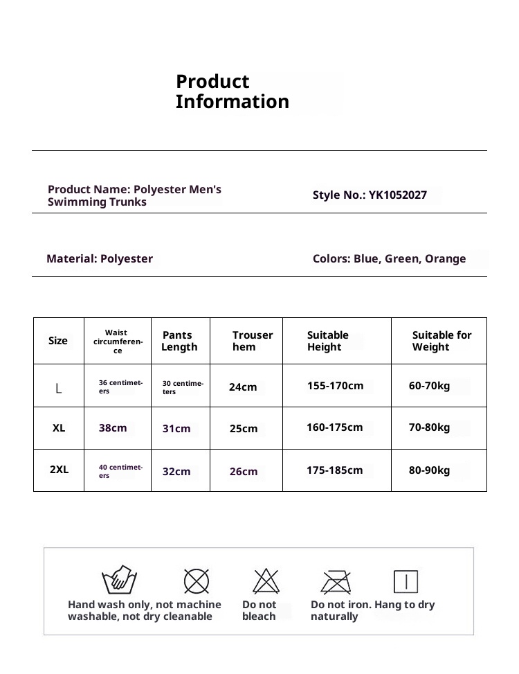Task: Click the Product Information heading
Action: [x=233, y=91]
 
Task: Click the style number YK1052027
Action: [x=397, y=195]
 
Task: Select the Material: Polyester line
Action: [x=100, y=259]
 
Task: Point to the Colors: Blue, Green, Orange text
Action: [x=389, y=259]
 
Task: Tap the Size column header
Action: [x=58, y=341]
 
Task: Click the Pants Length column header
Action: [x=179, y=341]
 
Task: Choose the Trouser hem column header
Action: [x=252, y=341]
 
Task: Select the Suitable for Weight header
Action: [x=441, y=341]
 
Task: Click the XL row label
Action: [x=59, y=428]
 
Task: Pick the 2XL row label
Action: [x=59, y=470]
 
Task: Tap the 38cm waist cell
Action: [x=113, y=428]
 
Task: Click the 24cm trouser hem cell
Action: [x=243, y=387]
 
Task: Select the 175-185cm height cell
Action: [x=334, y=470]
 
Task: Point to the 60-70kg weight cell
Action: [x=429, y=386]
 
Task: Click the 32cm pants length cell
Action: [x=176, y=472]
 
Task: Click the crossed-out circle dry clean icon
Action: [x=197, y=580]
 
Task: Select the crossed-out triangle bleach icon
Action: [x=265, y=580]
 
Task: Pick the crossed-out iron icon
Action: [x=336, y=581]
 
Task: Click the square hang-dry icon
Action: [x=406, y=581]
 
